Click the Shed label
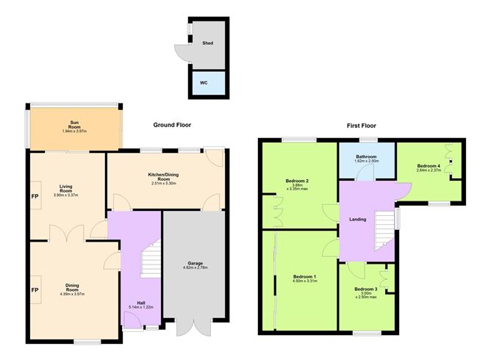207,43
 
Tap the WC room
204,82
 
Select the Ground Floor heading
172,125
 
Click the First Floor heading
362,126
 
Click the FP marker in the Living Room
35,197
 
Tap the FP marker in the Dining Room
35,290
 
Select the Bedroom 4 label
429,166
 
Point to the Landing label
358,219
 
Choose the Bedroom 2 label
296,181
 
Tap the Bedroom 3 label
365,289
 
